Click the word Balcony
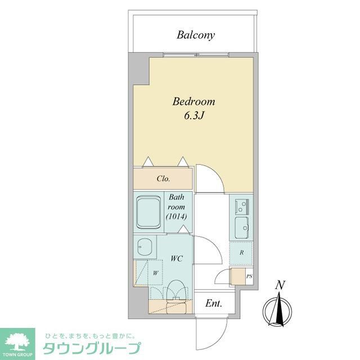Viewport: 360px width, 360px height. [x=196, y=35]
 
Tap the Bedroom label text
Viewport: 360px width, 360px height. [x=193, y=102]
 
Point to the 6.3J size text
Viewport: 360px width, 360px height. [x=194, y=116]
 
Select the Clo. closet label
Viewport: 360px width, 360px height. [x=164, y=179]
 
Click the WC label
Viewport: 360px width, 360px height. [x=176, y=259]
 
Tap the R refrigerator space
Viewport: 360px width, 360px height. [x=241, y=253]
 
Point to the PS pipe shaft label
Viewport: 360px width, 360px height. [x=249, y=276]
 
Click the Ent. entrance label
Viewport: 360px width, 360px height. [x=213, y=304]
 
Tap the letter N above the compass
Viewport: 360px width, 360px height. [x=279, y=286]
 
